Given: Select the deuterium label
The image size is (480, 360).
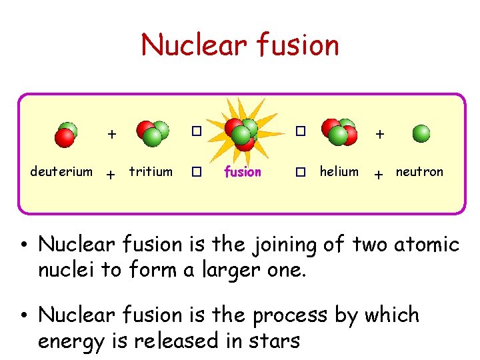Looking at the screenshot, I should pos(61,172).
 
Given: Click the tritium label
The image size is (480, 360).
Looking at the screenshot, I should pos(151,172).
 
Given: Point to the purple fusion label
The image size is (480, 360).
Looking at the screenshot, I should pos(243,172).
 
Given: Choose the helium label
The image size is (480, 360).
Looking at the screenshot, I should pos(339,172).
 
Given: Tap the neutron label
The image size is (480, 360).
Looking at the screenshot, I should pos(419,172).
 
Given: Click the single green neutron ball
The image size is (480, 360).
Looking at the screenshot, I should pos(421,134).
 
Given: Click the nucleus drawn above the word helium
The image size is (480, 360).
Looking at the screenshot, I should pos(338,132).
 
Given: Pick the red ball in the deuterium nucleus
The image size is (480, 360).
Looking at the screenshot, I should pos(65,137).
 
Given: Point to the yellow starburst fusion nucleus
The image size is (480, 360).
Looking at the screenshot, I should pos(243,132).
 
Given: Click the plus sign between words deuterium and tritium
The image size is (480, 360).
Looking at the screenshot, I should pos(112,175).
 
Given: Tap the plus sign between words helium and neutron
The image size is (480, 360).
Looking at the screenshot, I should pos(379,175).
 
